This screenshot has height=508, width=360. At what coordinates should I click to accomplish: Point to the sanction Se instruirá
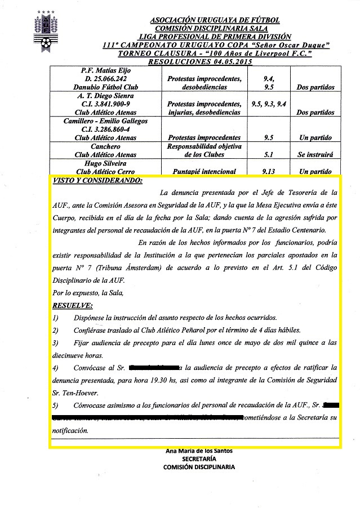tap(314, 154)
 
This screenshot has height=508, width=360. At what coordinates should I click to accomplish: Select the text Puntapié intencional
tap(205, 171)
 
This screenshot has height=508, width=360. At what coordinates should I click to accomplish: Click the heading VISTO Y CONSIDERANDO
tap(97, 181)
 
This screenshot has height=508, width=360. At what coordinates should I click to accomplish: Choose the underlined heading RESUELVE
tap(73, 305)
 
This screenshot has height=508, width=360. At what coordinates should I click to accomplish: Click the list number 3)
tap(55, 342)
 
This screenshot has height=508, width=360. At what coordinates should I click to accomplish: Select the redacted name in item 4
tap(154, 368)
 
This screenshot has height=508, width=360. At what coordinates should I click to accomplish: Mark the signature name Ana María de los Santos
tap(199, 451)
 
